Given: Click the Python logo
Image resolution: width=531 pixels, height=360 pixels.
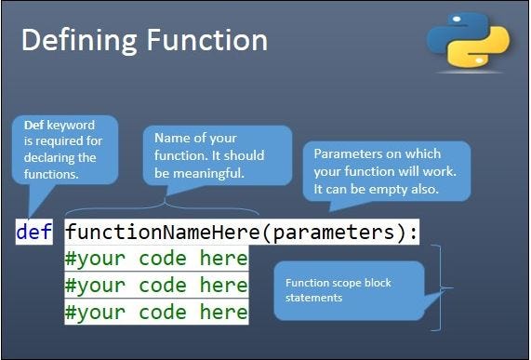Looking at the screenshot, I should click(468, 41).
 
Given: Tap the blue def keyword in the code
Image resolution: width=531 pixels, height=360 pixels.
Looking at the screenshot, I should click(34, 232).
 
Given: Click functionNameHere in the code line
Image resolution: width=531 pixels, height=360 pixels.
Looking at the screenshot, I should click(163, 232).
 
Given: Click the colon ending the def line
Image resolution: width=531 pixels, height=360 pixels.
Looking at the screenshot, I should click(413, 232).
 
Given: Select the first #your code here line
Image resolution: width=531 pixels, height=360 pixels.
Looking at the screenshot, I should click(156, 258).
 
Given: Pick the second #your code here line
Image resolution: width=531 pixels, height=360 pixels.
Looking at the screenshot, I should click(156, 285).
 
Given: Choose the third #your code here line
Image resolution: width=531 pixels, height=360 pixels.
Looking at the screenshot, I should click(156, 312).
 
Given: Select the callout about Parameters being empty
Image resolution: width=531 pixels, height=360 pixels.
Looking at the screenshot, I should click(386, 170).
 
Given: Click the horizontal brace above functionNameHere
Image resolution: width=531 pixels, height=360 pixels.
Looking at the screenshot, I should click(163, 210).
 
